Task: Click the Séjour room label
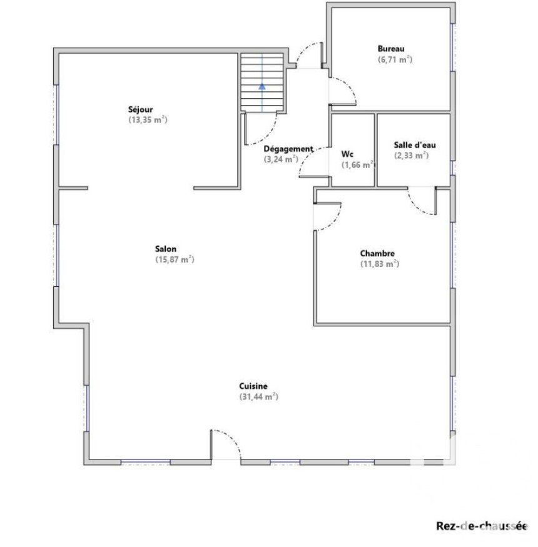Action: click(140, 109)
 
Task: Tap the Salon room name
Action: click(166, 249)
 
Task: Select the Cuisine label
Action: click(253, 386)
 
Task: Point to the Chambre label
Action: click(377, 254)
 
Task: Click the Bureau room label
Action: click(390, 49)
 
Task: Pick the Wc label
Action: click(347, 154)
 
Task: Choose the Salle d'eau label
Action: click(414, 145)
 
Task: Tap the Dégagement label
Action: click(288, 149)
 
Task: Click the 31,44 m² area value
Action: click(258, 396)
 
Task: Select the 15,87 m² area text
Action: click(175, 259)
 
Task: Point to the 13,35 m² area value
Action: click(148, 120)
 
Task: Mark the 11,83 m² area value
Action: click(380, 264)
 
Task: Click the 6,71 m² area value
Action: click(395, 59)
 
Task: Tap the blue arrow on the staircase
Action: click(262, 86)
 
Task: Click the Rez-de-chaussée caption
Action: click(482, 526)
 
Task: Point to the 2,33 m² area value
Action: click(411, 156)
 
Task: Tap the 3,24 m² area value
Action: click(281, 159)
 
